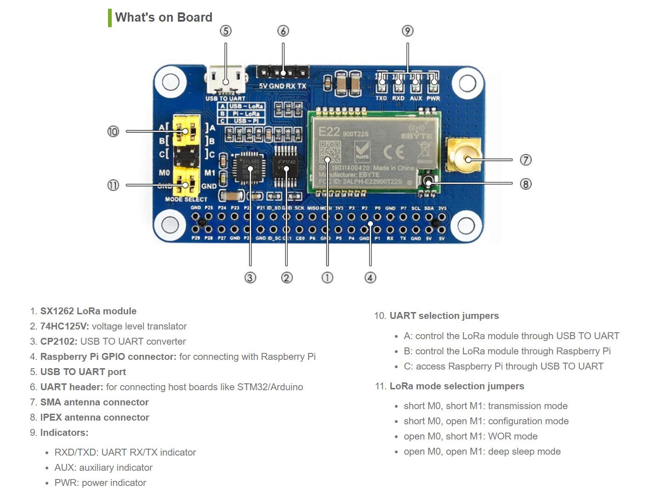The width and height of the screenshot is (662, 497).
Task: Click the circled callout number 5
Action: pyautogui.click(x=225, y=31)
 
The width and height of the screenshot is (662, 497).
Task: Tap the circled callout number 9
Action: pyautogui.click(x=407, y=31)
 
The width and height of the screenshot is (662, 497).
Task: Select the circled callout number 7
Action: pyautogui.click(x=525, y=160)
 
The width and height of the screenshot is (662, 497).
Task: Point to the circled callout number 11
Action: pyautogui.click(x=113, y=185)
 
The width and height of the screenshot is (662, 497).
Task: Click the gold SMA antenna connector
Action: pyautogui.click(x=463, y=156)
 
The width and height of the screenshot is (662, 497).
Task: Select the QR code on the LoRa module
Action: pyautogui.click(x=330, y=152)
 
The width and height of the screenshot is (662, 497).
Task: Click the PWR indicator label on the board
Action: pyautogui.click(x=433, y=98)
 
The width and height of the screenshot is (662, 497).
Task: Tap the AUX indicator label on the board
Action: pyautogui.click(x=416, y=98)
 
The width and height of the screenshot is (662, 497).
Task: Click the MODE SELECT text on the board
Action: pyautogui.click(x=186, y=199)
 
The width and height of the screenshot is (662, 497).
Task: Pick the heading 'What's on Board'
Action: pyautogui.click(x=164, y=17)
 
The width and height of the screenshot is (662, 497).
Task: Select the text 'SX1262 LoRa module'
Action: pyautogui.click(x=88, y=311)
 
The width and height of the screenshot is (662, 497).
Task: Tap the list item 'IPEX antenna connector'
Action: pyautogui.click(x=95, y=417)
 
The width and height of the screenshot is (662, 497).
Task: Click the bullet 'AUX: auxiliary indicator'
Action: pyautogui.click(x=103, y=468)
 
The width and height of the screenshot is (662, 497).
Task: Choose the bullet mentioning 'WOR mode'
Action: pyautogui.click(x=470, y=436)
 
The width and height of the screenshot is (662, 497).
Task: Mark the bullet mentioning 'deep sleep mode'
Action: pyautogui.click(x=482, y=451)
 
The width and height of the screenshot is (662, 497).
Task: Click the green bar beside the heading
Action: pyautogui.click(x=110, y=17)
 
